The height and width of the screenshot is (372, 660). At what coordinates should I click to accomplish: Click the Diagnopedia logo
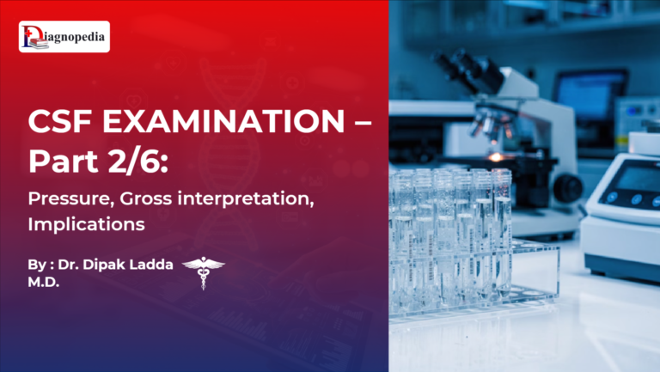(x=64, y=37)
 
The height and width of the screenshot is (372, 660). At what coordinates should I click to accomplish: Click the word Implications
(x=76, y=225)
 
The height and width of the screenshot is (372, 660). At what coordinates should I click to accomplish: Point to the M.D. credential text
(x=44, y=282)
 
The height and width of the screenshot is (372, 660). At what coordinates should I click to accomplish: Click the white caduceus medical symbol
(x=204, y=271)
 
